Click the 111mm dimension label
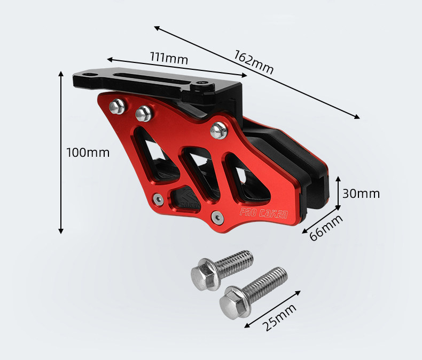pyautogui.click(x=169, y=58)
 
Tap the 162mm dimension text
pyautogui.click(x=253, y=62)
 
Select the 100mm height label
pyautogui.click(x=88, y=153)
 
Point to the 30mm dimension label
pyautogui.click(x=361, y=194)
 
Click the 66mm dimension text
pyautogui.click(x=326, y=227)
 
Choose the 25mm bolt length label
pyautogui.click(x=279, y=317)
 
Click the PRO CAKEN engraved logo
pyautogui.click(x=264, y=213)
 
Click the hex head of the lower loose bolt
pyautogui.click(x=235, y=303)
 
